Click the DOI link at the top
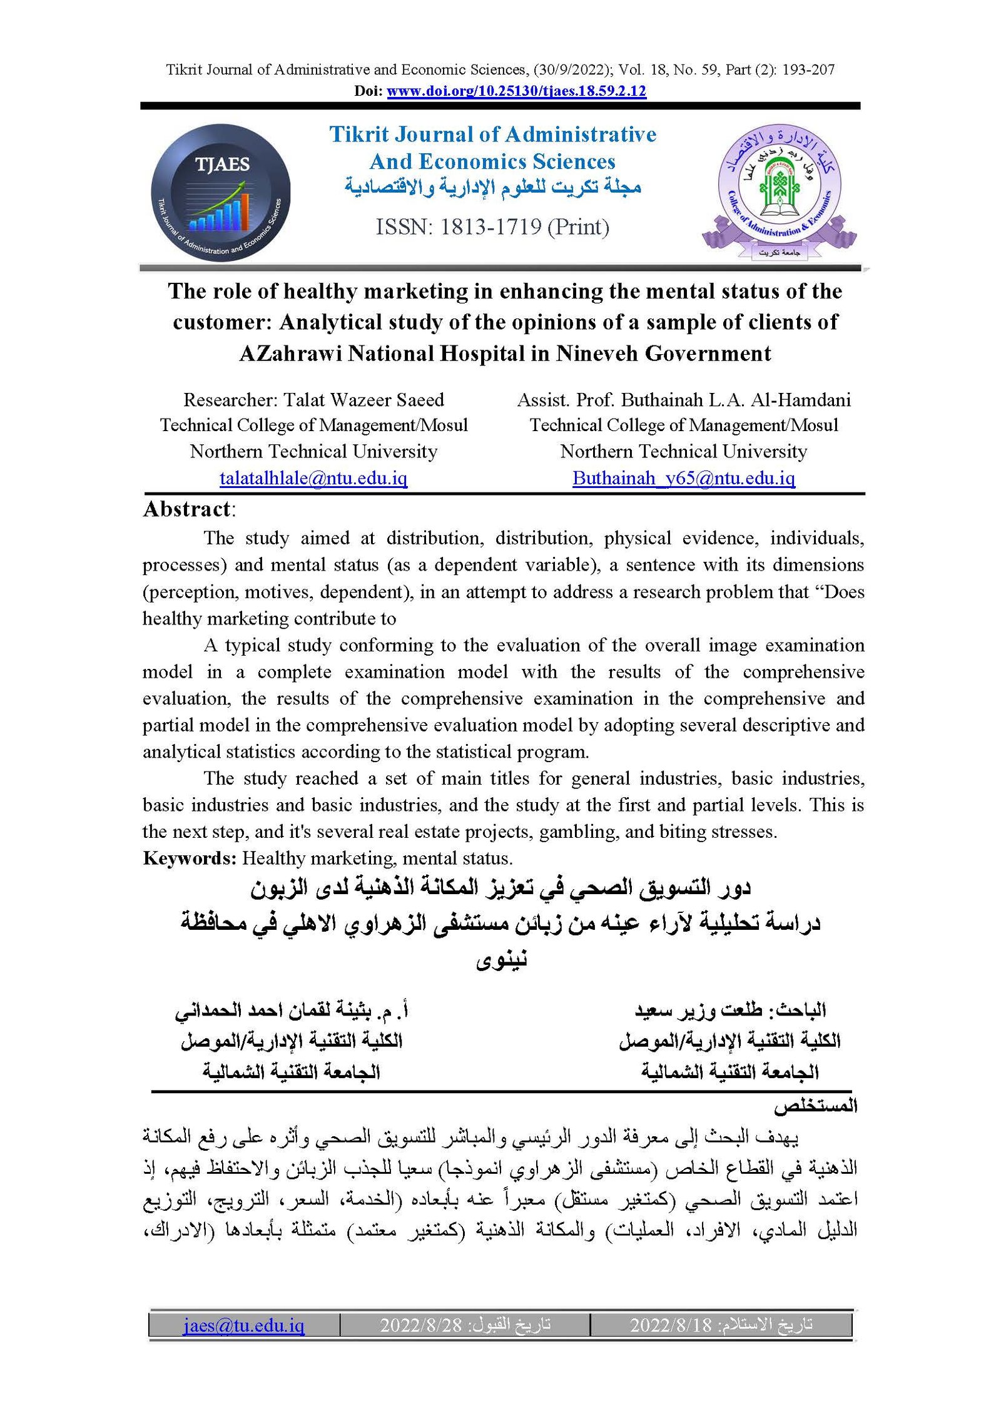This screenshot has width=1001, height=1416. coord(516,91)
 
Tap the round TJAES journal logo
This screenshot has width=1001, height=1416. coord(220,193)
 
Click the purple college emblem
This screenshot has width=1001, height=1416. coord(779,191)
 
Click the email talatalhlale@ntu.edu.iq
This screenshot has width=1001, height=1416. coord(313,478)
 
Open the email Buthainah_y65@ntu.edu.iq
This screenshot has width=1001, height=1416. coord(684,478)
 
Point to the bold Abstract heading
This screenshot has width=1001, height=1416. coord(187,509)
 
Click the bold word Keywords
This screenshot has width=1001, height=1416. coord(188,858)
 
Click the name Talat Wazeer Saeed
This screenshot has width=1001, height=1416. coord(363,400)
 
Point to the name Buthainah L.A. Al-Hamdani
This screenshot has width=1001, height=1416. coord(736,400)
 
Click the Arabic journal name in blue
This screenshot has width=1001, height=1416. coord(493,186)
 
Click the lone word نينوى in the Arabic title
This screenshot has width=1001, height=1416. coord(501,959)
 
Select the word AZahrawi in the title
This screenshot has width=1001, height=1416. coord(290,354)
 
